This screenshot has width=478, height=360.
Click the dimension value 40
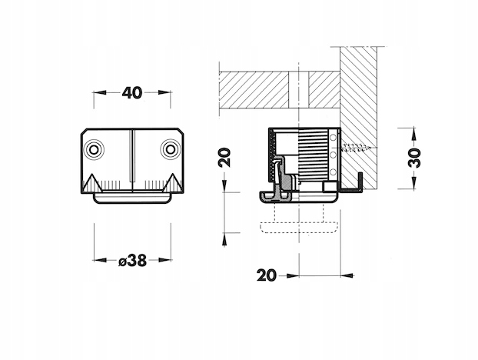pyautogui.click(x=132, y=93)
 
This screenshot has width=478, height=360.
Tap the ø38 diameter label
pyautogui.click(x=133, y=261)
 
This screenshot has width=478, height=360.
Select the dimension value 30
pyautogui.click(x=414, y=158)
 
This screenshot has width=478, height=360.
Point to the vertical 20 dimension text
pyautogui.click(x=224, y=157)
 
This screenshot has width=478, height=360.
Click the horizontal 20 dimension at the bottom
pyautogui.click(x=267, y=275)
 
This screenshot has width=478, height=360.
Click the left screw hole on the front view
pyautogui.click(x=94, y=149)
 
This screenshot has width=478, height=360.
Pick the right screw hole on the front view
pyautogui.click(x=170, y=149)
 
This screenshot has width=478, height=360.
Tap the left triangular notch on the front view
pyautogui.click(x=92, y=183)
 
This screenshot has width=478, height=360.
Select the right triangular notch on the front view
pyautogui.click(x=173, y=183)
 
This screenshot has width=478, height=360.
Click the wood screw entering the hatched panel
pyautogui.click(x=357, y=148)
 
